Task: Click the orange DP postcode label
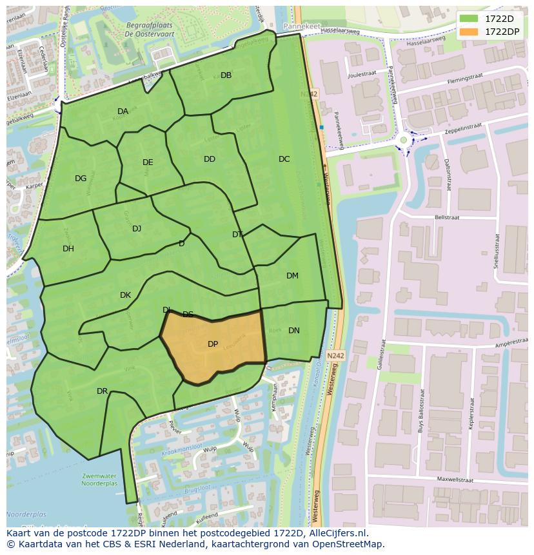point(213,344)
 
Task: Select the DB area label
point(226,75)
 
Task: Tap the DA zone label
point(123,112)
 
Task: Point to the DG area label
point(81,179)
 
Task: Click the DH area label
point(68,249)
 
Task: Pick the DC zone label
point(284,159)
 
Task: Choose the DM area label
point(292,276)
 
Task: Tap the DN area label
point(294,331)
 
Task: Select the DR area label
point(102,391)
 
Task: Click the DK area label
point(125,295)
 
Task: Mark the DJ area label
point(137,229)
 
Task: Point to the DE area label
point(148,162)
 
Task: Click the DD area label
point(210,159)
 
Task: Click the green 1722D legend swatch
point(469,19)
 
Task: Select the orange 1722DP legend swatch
point(469,32)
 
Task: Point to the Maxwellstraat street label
point(457,479)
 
